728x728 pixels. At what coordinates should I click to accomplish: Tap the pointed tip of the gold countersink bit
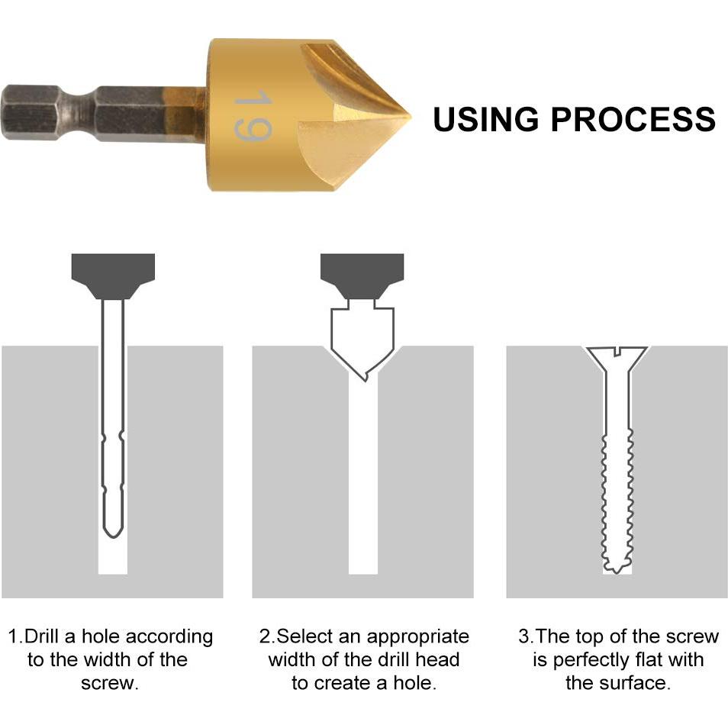411,117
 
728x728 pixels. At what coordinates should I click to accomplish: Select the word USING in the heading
485,119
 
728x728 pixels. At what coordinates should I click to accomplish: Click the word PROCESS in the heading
633,119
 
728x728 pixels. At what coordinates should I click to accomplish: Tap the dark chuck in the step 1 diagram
113,275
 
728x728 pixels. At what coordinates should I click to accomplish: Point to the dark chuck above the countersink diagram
362,275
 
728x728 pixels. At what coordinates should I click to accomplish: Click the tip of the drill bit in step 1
113,536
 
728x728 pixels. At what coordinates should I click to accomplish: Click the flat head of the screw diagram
617,356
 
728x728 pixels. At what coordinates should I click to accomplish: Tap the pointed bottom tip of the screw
616,572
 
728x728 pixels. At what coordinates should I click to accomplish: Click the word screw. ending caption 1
110,684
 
